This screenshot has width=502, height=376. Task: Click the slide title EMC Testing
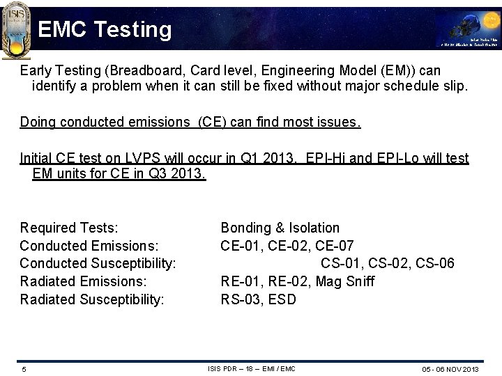[x=105, y=29]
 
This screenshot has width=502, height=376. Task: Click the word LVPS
[x=134, y=158]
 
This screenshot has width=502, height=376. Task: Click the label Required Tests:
[x=69, y=228]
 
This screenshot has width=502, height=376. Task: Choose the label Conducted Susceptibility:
[x=98, y=264]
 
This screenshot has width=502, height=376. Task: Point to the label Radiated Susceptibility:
[x=92, y=300]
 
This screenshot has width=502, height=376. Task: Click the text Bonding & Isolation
[x=280, y=228]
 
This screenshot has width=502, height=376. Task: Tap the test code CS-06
[x=432, y=264]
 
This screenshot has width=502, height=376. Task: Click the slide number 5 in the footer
[x=24, y=368]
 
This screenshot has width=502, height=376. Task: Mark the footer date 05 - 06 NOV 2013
[x=449, y=368]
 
